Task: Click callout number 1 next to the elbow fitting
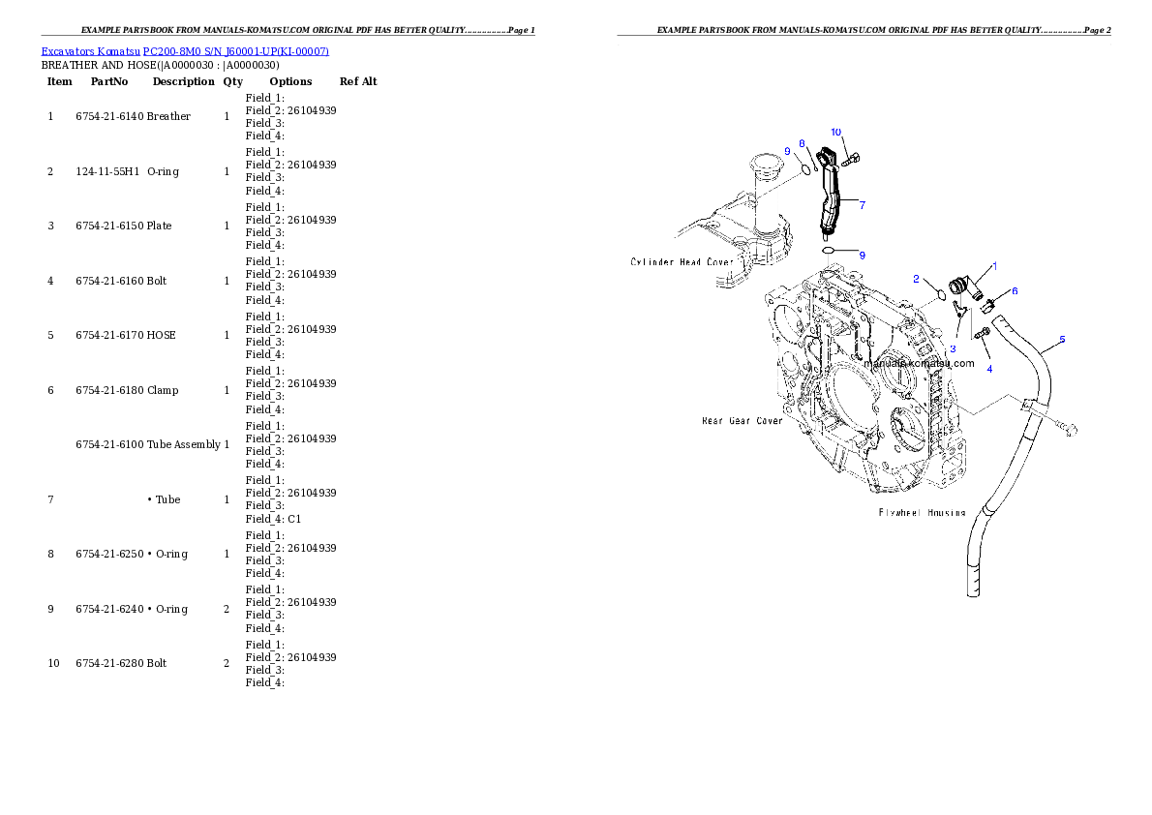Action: point(993,265)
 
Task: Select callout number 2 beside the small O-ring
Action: point(916,279)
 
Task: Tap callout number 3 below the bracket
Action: point(953,348)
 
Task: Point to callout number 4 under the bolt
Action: point(989,369)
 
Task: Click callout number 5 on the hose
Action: point(1062,340)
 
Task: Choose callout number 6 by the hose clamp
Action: point(1015,290)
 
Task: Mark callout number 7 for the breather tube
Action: point(862,205)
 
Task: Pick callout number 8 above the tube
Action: point(802,143)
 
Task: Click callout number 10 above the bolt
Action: point(836,131)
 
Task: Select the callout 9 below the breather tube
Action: point(862,255)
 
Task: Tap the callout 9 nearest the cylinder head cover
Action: point(787,151)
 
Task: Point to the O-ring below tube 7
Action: point(830,250)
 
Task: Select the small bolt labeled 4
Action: point(982,334)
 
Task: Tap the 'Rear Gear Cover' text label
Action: point(742,421)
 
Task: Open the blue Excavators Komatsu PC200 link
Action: point(185,51)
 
